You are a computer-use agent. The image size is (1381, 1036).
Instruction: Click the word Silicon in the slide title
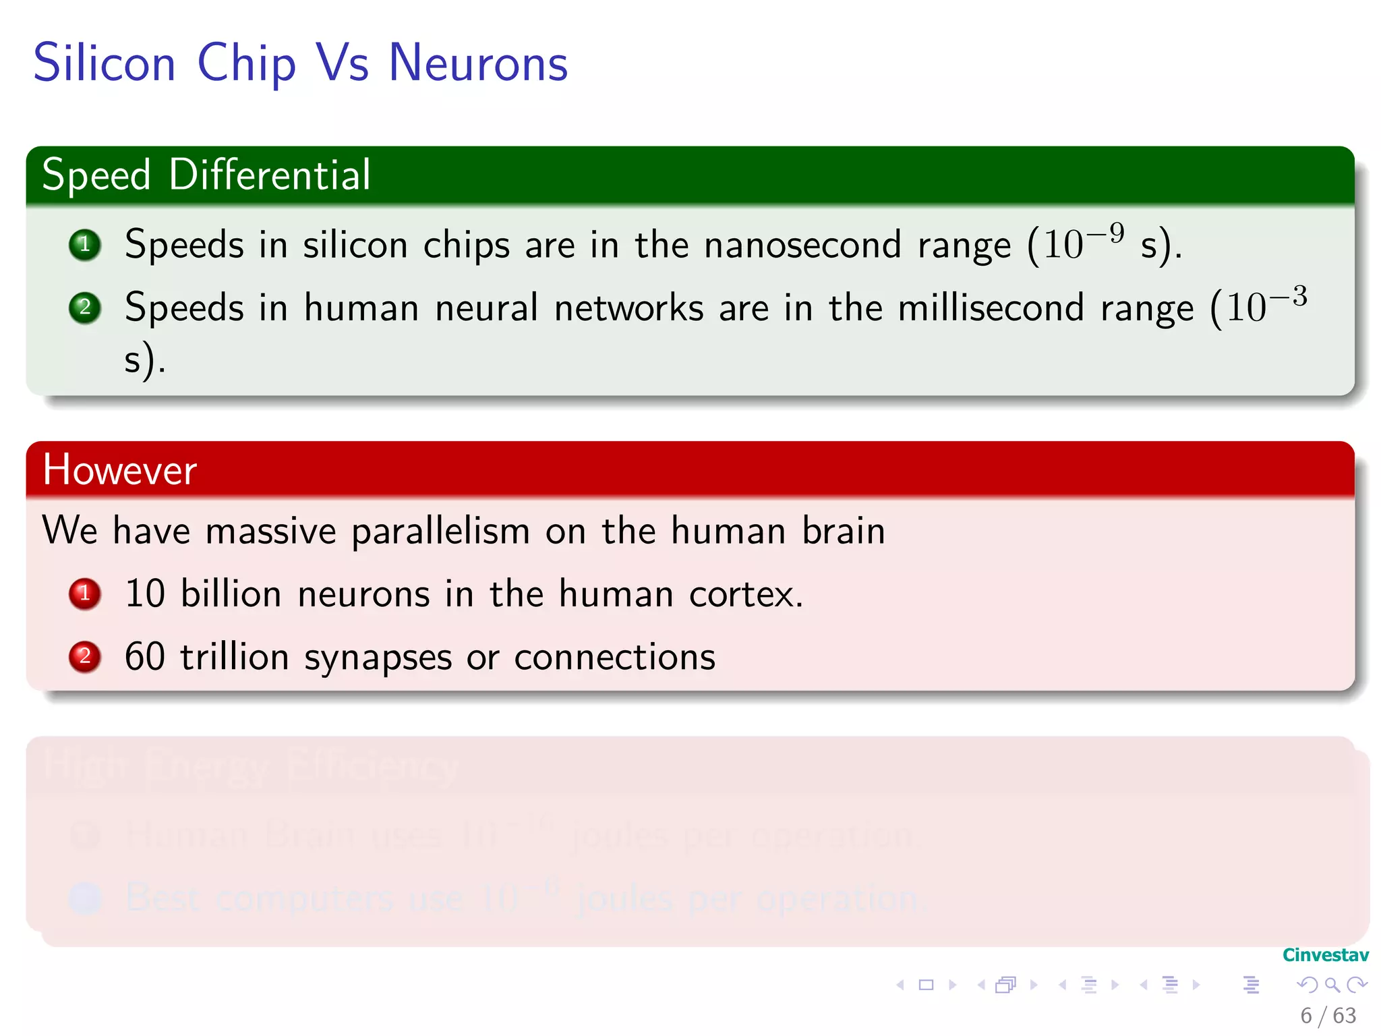(105, 63)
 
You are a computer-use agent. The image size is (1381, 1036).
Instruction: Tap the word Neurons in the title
(478, 63)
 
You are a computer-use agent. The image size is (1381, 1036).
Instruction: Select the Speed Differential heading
(206, 175)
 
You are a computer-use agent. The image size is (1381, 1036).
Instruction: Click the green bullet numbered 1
(85, 245)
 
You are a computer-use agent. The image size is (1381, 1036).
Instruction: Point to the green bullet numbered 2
(85, 308)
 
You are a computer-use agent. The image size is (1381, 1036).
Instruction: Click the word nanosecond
(802, 245)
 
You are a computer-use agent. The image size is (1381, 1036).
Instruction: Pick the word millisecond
(991, 308)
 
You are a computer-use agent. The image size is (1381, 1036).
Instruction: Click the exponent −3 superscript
(1289, 297)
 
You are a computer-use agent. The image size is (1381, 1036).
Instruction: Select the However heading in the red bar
(120, 469)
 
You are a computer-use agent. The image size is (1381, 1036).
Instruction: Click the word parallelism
(440, 531)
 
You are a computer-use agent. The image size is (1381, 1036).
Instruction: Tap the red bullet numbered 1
(85, 594)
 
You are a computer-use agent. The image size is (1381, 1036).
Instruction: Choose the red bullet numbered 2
(85, 657)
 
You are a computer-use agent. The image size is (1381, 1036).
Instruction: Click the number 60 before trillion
(145, 657)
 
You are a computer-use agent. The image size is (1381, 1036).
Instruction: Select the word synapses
(378, 658)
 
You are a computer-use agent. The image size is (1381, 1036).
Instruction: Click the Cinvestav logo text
(1325, 955)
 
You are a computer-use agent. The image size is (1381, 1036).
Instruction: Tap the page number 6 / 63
(1328, 1016)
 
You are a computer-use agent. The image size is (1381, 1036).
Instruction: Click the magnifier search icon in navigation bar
(1332, 985)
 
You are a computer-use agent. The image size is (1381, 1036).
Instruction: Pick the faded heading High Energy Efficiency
(251, 767)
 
